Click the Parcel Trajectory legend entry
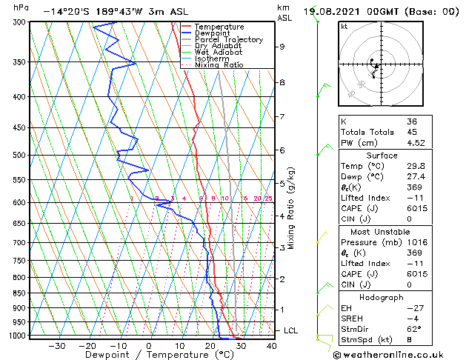(228, 39)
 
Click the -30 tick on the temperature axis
(57, 346)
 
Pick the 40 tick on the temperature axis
(272, 346)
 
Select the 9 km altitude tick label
(282, 47)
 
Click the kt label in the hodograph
(344, 27)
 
